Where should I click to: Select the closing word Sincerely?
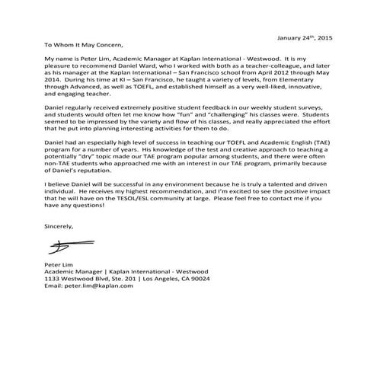point(59,225)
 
